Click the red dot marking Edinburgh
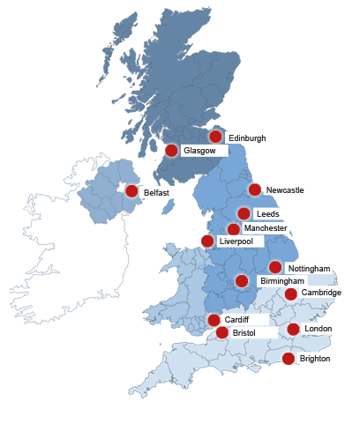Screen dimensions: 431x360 215,137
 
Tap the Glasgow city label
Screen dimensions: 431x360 199,151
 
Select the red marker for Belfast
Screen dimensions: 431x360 131,190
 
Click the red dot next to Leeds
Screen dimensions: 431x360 244,213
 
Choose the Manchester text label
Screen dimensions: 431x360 265,228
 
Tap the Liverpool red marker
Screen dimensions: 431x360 206,241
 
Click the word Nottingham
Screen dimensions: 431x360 309,268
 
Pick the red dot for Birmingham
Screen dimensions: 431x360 241,281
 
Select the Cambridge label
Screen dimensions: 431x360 320,293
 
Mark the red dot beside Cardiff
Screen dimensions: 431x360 214,320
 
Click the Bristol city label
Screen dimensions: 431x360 244,333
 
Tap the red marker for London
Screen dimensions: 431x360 293,330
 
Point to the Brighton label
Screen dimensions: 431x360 314,359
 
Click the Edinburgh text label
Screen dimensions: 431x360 246,138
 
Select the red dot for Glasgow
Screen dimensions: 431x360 171,151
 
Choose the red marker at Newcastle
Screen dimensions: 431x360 255,189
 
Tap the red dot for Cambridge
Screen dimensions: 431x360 291,294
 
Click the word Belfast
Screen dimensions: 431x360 156,191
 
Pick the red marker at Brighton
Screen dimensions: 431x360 289,358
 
